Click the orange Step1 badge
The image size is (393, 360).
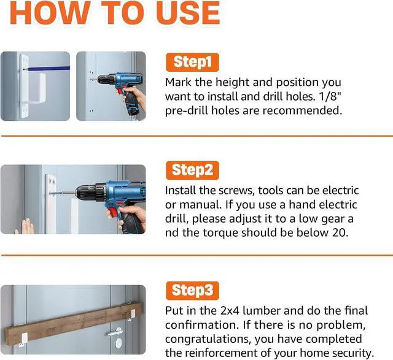(192, 62)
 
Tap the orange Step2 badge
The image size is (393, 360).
(192, 170)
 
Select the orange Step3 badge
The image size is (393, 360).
(192, 291)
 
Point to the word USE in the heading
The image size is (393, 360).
(188, 12)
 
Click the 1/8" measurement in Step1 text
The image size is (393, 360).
(331, 96)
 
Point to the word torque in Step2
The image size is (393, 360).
(220, 233)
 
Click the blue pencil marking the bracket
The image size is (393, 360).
(47, 68)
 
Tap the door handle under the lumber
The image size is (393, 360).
(115, 332)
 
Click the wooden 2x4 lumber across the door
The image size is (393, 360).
(74, 323)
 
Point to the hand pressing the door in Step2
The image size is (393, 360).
(25, 226)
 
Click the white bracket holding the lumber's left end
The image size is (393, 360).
(23, 340)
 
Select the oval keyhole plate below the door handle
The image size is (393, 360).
(119, 343)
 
